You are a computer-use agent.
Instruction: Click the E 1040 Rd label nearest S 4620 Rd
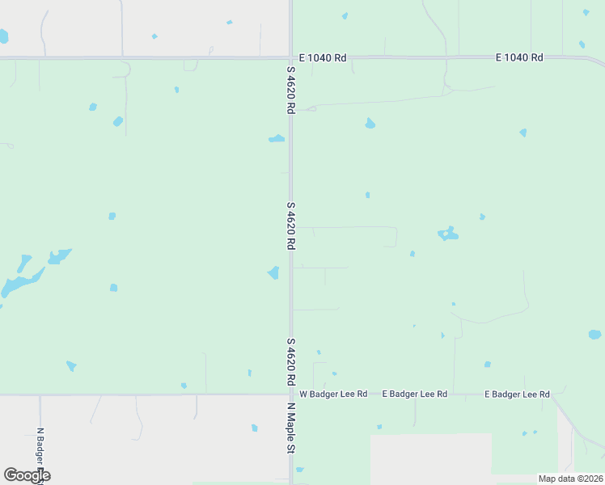[x=322, y=57]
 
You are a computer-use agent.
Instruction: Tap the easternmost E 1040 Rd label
[x=518, y=57]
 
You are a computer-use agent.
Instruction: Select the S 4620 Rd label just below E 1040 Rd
[x=290, y=89]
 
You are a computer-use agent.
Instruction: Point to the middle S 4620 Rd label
[x=290, y=225]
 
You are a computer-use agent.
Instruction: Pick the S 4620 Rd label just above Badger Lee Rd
[x=290, y=361]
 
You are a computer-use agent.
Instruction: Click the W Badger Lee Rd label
[x=333, y=394]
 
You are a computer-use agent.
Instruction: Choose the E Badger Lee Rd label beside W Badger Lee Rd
[x=414, y=394]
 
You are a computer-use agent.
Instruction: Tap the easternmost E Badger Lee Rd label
[x=517, y=394]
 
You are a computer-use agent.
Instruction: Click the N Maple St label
[x=290, y=428]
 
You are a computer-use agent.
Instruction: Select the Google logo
[x=27, y=475]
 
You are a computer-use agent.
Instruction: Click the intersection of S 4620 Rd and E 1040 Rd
[x=290, y=57]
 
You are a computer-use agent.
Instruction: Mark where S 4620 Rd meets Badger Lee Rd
[x=290, y=394]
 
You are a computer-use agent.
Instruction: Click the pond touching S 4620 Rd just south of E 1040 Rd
[x=277, y=139]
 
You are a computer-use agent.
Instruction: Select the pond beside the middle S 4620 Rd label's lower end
[x=274, y=272]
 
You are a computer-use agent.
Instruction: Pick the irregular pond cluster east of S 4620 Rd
[x=447, y=234]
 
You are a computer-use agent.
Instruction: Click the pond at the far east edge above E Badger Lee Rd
[x=594, y=335]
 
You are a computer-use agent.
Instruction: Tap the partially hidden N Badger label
[x=40, y=453]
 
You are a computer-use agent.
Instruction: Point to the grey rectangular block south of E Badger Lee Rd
[x=430, y=457]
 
